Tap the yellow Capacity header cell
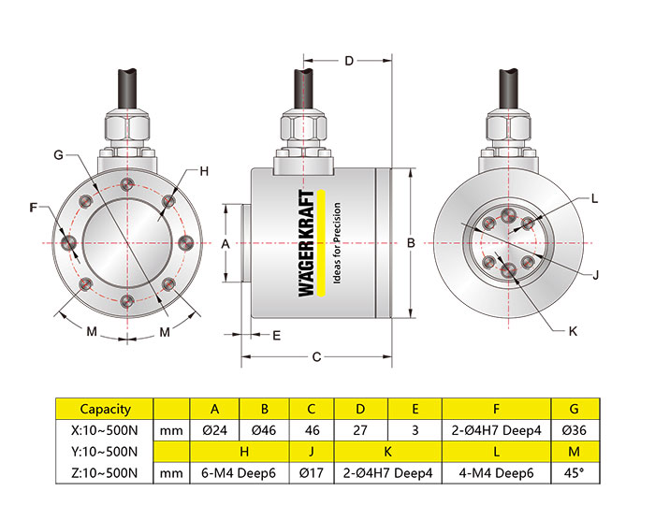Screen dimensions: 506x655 pyautogui.click(x=105, y=409)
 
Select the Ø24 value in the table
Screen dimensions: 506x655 pyautogui.click(x=214, y=430)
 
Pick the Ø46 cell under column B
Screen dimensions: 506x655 pyautogui.click(x=265, y=430)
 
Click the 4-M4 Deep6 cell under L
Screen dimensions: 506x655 pyautogui.click(x=497, y=473)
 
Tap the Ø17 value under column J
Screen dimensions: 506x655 pyautogui.click(x=312, y=473)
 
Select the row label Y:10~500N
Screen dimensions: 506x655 pyautogui.click(x=105, y=452)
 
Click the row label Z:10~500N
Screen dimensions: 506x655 pyautogui.click(x=105, y=473)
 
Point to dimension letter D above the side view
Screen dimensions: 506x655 pyautogui.click(x=348, y=61)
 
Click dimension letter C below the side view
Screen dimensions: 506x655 pyautogui.click(x=316, y=356)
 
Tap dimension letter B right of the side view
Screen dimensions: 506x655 pyautogui.click(x=411, y=242)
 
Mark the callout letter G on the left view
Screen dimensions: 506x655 pyautogui.click(x=58, y=154)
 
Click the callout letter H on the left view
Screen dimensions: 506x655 pyautogui.click(x=203, y=171)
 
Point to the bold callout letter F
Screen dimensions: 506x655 pyautogui.click(x=35, y=207)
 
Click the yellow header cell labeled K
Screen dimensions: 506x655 pyautogui.click(x=387, y=452)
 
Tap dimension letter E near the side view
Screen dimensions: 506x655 pyautogui.click(x=277, y=334)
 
